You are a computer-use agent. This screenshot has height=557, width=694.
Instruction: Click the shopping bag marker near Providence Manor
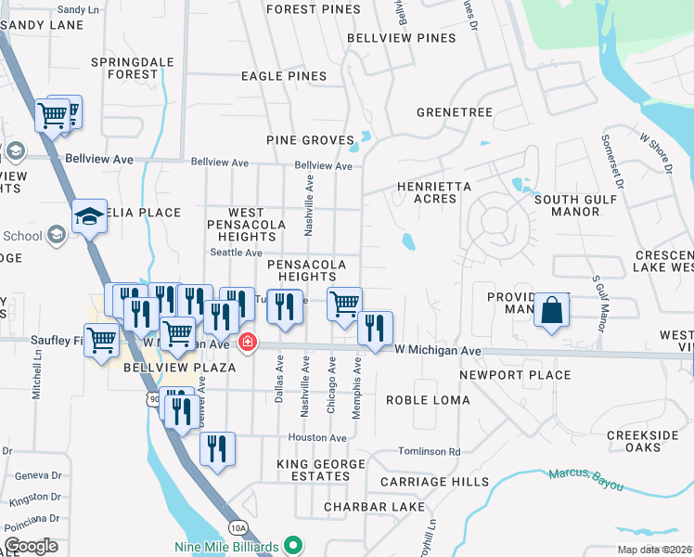(551, 310)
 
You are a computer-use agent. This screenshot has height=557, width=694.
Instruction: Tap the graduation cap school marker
(89, 217)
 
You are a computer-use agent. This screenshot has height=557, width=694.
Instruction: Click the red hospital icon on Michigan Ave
(247, 343)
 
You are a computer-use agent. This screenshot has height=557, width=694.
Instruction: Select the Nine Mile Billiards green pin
(294, 545)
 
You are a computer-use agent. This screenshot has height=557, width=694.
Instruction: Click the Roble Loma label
(428, 400)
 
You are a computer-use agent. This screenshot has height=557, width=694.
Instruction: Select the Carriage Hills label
(434, 482)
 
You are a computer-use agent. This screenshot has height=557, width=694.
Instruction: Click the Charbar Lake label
(366, 507)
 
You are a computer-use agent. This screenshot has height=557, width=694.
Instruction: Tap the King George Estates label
(314, 469)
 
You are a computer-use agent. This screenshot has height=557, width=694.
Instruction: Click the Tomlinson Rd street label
(429, 452)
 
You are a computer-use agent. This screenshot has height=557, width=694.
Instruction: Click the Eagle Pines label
(283, 76)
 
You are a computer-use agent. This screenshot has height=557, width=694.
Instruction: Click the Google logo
(31, 546)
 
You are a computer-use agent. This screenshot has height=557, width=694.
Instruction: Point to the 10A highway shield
(238, 527)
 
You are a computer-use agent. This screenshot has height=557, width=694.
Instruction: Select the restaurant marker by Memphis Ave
(375, 328)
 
